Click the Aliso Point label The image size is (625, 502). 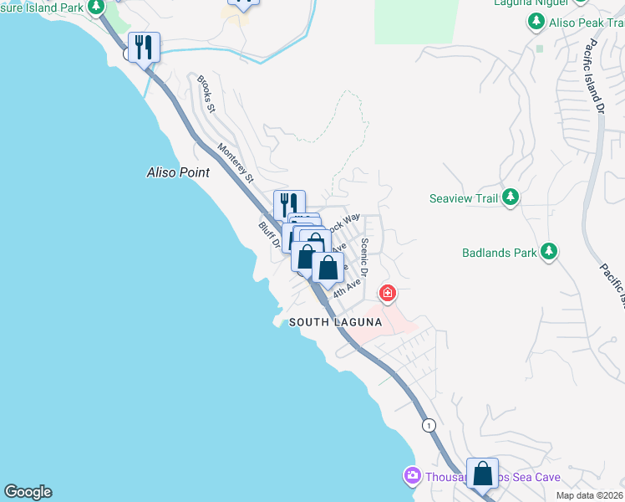(177, 172)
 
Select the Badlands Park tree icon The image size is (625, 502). (549, 251)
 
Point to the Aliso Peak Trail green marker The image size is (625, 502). (536, 23)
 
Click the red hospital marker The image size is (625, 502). (387, 293)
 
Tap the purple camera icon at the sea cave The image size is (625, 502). (411, 476)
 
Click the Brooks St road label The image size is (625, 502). (206, 95)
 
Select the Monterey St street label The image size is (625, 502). (236, 163)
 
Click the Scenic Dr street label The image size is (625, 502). (364, 258)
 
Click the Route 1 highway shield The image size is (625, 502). (429, 424)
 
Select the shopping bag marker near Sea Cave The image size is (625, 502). (483, 473)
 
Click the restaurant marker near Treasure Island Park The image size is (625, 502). (144, 48)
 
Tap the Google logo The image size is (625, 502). (28, 492)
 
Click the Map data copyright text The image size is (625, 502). (589, 495)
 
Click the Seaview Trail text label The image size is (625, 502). (463, 199)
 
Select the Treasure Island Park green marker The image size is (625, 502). (97, 8)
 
